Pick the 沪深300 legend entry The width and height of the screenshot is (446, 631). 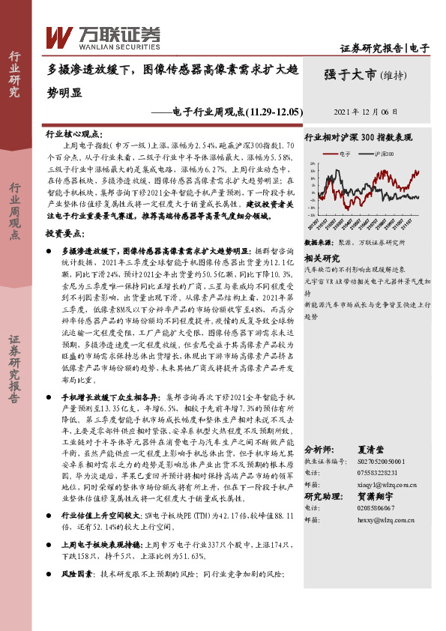coord(382,154)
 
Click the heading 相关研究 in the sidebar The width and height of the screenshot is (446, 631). coord(322,257)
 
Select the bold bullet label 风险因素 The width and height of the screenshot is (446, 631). coord(77,574)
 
